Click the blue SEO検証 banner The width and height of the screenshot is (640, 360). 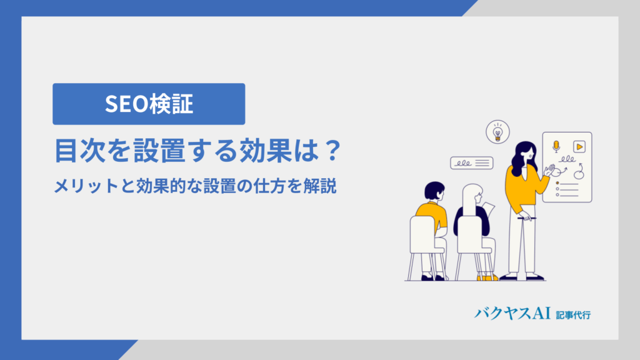[x=149, y=104]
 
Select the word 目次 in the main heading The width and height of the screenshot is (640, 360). [x=78, y=151]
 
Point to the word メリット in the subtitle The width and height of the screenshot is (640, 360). [x=86, y=186]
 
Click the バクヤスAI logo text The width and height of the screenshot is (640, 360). [x=512, y=314]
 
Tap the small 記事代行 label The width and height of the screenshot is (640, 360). [x=573, y=315]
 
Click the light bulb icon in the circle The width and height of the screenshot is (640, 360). [x=497, y=132]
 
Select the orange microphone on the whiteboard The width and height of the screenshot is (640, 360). [x=556, y=146]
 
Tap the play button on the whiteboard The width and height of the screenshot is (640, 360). [x=579, y=146]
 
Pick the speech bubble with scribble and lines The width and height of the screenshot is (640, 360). [x=471, y=163]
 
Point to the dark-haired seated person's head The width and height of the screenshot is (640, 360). [x=434, y=191]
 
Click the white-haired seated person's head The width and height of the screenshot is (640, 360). [x=472, y=196]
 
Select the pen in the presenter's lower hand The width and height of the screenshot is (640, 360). [x=526, y=218]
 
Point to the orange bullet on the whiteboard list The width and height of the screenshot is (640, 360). [x=557, y=183]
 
